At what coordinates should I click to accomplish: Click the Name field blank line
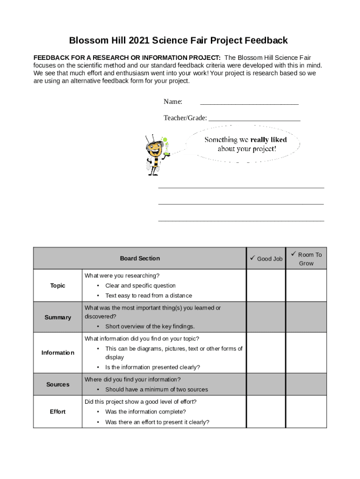coord(249,102)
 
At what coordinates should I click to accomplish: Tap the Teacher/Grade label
coord(185,118)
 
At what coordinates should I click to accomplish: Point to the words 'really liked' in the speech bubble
coord(268,139)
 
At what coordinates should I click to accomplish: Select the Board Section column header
coord(140,258)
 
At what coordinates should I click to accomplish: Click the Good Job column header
coord(266,259)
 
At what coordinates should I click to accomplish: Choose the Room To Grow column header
coord(306,259)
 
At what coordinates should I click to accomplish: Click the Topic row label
coord(58,285)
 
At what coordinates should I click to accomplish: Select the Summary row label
coord(58,317)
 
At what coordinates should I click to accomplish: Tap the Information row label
coord(58,353)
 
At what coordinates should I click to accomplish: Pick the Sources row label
coord(58,385)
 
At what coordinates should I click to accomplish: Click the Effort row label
coord(58,412)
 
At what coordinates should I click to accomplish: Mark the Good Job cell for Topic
coord(266,285)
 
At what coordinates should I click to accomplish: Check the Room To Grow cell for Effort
coord(306,412)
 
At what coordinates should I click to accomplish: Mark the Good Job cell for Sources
coord(266,385)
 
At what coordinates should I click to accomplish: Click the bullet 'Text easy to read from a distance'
coord(148,296)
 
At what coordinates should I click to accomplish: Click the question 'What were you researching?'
coord(122,276)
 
